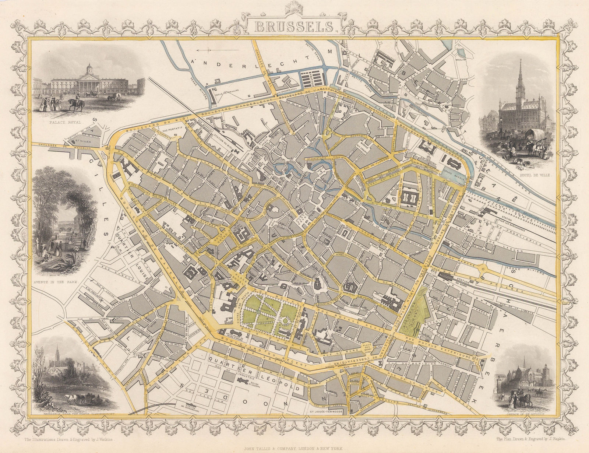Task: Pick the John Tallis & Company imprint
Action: point(294,448)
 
